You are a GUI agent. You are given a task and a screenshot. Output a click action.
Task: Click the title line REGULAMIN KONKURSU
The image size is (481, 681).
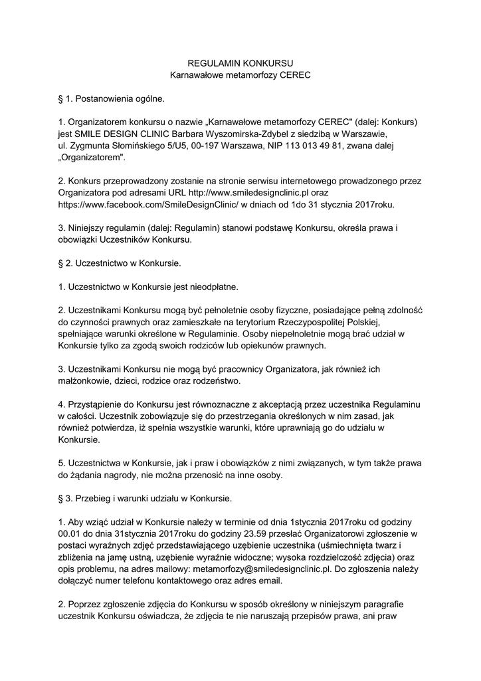[241, 64]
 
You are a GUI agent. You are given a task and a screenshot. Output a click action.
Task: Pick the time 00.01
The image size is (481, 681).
[70, 533]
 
